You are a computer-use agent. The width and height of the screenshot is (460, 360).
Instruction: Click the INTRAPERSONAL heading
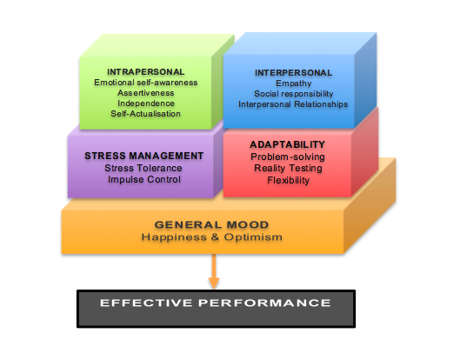click(x=146, y=72)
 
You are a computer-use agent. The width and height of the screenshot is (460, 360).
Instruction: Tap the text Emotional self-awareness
click(x=146, y=83)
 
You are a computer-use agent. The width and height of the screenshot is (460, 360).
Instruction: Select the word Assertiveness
click(x=146, y=93)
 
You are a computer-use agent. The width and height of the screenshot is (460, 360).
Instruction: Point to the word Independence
click(x=146, y=103)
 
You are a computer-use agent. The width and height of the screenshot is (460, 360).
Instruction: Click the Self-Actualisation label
click(x=145, y=114)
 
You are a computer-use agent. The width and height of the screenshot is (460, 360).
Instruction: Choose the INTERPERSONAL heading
click(x=293, y=73)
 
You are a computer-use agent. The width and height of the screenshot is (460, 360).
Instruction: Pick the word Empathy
click(x=294, y=83)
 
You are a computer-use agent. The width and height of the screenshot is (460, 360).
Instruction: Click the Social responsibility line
click(x=294, y=94)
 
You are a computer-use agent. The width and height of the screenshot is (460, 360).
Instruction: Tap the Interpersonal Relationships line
click(x=293, y=104)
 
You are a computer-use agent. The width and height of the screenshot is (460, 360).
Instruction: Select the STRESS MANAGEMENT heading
click(x=144, y=156)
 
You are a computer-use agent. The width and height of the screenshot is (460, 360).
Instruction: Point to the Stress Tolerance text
click(x=143, y=168)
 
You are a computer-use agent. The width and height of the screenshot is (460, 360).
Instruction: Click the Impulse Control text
click(x=144, y=179)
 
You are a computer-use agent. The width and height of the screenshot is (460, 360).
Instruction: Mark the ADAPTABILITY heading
click(x=288, y=144)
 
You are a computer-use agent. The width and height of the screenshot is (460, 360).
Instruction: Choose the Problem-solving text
click(x=288, y=157)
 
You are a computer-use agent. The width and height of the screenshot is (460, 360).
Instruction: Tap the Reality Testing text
click(x=288, y=168)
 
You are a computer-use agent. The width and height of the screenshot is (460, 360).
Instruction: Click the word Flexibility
click(x=289, y=180)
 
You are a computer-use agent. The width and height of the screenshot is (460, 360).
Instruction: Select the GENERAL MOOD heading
click(x=211, y=224)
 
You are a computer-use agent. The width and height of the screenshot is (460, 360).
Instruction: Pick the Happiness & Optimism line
click(x=212, y=237)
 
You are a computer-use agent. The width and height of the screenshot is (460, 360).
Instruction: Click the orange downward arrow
click(x=214, y=271)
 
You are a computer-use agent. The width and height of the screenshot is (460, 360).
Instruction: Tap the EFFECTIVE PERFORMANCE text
click(x=216, y=303)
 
